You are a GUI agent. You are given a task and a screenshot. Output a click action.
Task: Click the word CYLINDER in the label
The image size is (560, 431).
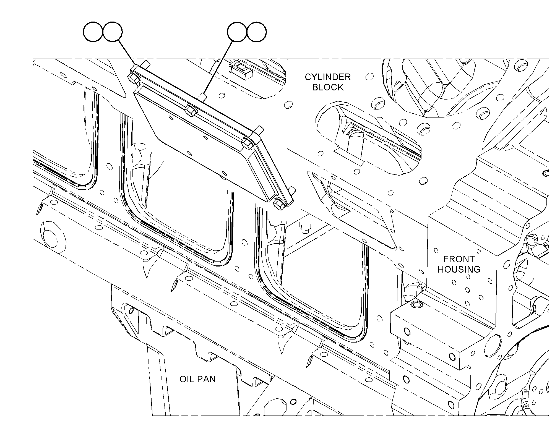[x=328, y=77]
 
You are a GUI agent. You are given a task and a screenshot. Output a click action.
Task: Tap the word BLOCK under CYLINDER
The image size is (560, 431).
[x=328, y=87]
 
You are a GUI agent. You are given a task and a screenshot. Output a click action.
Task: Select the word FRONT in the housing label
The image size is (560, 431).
[x=459, y=259]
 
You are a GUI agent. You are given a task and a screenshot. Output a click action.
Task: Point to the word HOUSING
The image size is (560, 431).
[x=459, y=269]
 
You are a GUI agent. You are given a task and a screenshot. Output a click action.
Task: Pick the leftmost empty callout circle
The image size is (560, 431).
[x=93, y=32]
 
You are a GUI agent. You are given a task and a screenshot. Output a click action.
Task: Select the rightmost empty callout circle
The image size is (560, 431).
[x=257, y=32]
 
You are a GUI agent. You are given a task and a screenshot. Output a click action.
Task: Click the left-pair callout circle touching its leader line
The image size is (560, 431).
[x=112, y=32]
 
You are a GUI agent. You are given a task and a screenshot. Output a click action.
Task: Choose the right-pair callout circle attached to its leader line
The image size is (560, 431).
[x=237, y=32]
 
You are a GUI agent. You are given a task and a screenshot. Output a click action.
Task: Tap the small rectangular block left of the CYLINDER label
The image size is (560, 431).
[x=240, y=71]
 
